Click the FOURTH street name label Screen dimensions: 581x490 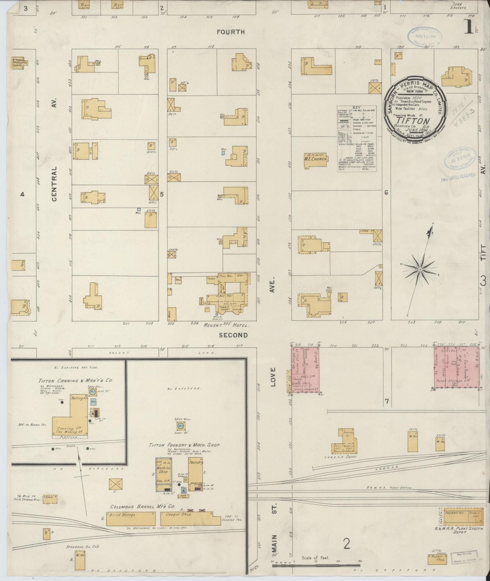[x=231, y=32]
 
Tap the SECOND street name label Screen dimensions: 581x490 [x=233, y=335]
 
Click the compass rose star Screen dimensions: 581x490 [x=420, y=269]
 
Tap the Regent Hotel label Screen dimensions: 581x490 [x=226, y=325]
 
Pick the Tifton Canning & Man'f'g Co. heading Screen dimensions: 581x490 [x=76, y=381]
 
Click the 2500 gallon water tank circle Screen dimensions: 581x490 [x=180, y=425]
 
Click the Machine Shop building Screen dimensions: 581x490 [x=163, y=474]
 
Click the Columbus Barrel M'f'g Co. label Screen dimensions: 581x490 [x=142, y=507]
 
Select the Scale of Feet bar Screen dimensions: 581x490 [x=316, y=566]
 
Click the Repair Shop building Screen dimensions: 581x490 [x=437, y=559]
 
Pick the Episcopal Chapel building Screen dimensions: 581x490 [x=19, y=63]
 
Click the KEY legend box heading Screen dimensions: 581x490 [x=356, y=108]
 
